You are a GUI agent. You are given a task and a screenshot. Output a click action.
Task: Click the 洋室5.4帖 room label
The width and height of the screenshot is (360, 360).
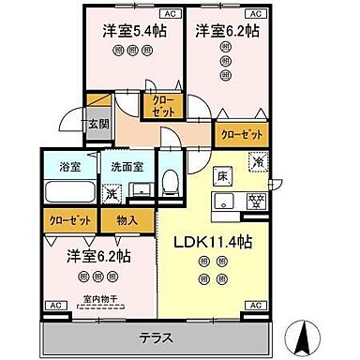[x=130, y=30]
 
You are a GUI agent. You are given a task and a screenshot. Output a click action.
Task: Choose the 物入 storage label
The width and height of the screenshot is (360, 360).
[x=127, y=220]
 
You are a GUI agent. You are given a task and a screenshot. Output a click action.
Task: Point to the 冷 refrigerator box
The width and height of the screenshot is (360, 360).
[x=258, y=162]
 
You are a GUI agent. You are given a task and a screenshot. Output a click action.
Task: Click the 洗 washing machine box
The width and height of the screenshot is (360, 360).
[x=109, y=194]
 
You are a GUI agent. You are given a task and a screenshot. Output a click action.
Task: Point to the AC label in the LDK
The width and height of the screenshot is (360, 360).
[x=254, y=306]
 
